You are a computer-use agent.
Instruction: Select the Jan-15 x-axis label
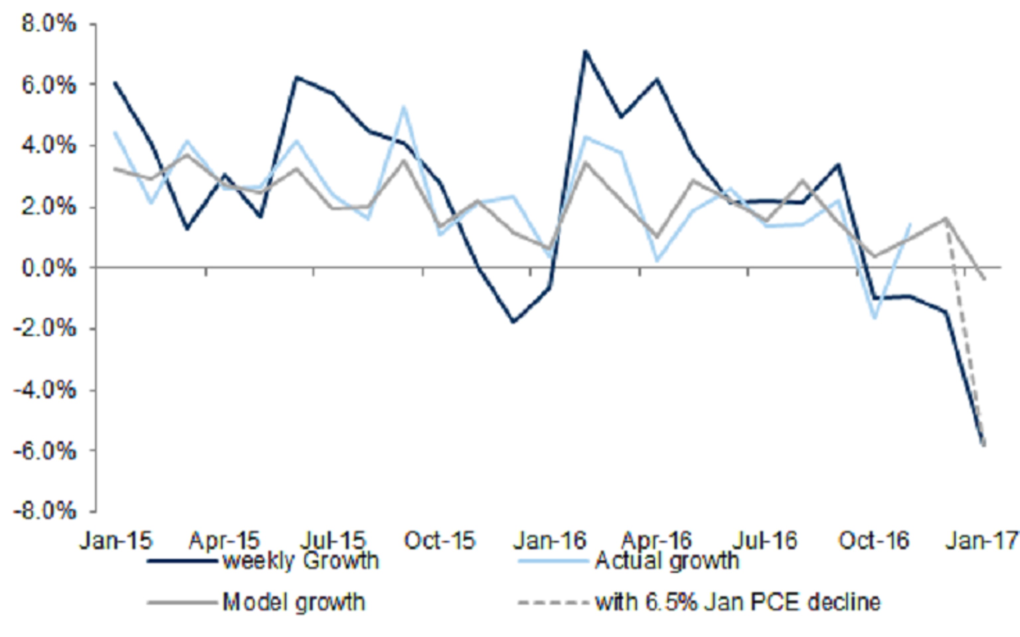click(x=116, y=540)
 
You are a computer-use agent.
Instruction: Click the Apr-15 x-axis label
click(x=224, y=540)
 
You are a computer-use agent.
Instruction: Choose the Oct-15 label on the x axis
click(x=440, y=540)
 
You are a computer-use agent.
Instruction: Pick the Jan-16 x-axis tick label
click(x=549, y=540)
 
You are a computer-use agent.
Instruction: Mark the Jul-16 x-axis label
click(x=765, y=540)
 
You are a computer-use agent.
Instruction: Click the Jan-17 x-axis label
click(x=982, y=540)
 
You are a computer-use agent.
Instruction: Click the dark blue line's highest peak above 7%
click(x=585, y=51)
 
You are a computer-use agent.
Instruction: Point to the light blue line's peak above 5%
click(x=404, y=106)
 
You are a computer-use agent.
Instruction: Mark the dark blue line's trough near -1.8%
click(x=513, y=322)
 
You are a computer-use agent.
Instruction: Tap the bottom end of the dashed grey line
click(x=984, y=446)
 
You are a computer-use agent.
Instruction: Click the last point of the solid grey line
click(x=984, y=279)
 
